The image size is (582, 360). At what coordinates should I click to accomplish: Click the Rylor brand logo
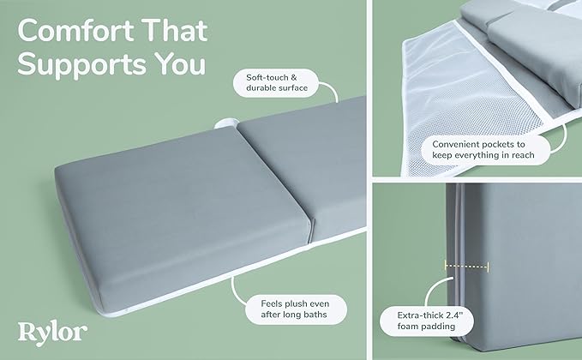click(52, 333)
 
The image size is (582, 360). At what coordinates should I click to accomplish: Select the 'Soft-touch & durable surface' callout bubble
click(277, 83)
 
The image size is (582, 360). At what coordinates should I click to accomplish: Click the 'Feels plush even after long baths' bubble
click(296, 309)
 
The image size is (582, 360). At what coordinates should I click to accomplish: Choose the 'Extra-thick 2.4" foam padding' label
click(427, 321)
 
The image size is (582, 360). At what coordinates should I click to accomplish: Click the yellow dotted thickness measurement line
click(467, 266)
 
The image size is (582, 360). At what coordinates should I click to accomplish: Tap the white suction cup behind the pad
click(225, 123)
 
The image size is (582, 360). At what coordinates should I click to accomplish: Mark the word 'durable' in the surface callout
click(260, 88)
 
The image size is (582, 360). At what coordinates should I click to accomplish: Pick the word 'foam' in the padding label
click(407, 327)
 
